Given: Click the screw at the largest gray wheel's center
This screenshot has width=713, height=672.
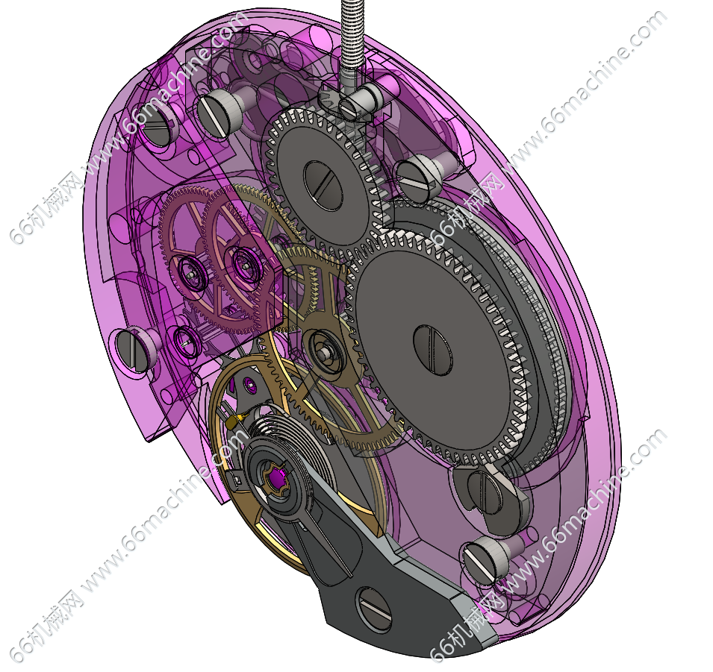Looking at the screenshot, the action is [432, 350].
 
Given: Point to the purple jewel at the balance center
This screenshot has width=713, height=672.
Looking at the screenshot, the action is [277, 478].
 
